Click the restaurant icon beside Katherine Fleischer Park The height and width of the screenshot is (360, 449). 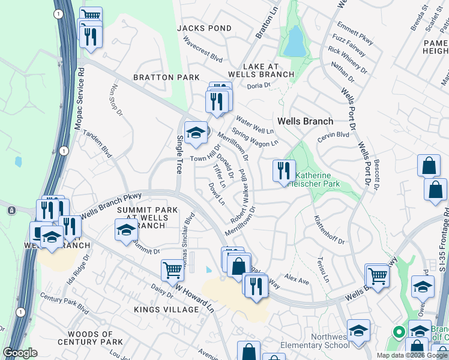pos(283,170)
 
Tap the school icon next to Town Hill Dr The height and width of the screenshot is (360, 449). pos(195,134)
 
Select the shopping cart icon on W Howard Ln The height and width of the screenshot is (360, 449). pos(172,270)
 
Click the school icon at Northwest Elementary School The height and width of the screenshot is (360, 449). pos(358,331)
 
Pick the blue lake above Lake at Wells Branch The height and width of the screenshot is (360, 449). pos(294,42)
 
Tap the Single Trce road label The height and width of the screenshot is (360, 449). pos(179,154)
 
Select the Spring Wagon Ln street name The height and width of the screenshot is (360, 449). pos(255,138)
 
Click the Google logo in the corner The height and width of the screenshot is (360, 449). pos(20,353)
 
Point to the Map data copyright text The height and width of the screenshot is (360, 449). pos(412,355)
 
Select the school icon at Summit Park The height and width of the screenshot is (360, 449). pos(125,230)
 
